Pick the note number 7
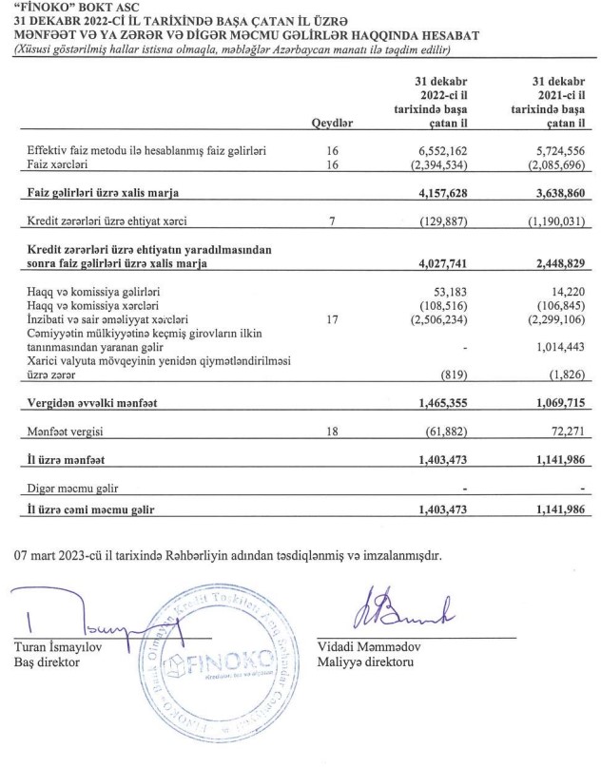(332, 221)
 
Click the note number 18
(332, 432)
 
